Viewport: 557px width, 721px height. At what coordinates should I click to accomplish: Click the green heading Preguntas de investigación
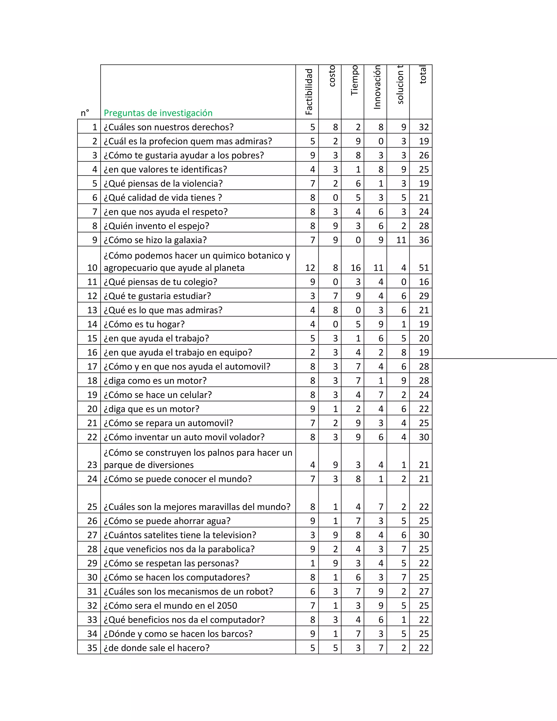158,113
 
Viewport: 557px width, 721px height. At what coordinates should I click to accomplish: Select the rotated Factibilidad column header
309,92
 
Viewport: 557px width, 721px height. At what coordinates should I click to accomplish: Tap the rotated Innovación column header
377,87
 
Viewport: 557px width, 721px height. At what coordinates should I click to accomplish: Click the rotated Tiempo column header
354,81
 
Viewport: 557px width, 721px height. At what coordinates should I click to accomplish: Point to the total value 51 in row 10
424,268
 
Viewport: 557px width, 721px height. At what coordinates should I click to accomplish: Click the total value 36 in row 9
424,240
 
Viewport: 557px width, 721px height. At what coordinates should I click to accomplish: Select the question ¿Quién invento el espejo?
156,226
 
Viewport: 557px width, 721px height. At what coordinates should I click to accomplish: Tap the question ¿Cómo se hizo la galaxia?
155,240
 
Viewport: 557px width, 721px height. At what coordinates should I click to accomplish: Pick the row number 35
92,648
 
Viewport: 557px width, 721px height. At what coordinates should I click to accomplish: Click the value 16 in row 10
355,268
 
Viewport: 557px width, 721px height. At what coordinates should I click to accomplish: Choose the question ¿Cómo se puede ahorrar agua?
167,521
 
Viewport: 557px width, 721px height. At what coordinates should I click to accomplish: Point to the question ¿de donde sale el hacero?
156,648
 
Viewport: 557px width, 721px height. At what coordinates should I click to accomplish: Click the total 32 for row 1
424,127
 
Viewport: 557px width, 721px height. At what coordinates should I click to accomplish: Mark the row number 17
92,366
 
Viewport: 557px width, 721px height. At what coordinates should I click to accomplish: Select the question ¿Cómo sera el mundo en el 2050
170,605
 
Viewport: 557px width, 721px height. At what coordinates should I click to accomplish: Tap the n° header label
85,113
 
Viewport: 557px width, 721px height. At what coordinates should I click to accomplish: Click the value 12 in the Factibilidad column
310,268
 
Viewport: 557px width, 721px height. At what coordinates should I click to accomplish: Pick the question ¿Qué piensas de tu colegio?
160,282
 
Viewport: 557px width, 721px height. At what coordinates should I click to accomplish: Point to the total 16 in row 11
424,282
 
